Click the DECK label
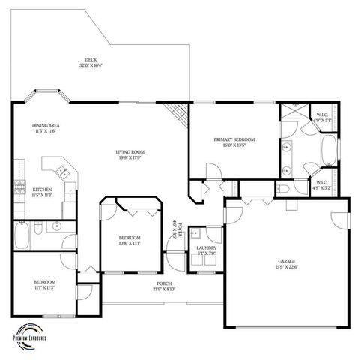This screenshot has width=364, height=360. pyautogui.click(x=90, y=61)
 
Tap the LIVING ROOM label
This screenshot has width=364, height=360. pyautogui.click(x=128, y=152)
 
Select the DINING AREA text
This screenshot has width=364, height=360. pyautogui.click(x=46, y=125)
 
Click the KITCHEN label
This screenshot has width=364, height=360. pyautogui.click(x=42, y=189)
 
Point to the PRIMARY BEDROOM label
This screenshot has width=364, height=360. pyautogui.click(x=234, y=139)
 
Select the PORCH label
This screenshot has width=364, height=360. pyautogui.click(x=163, y=284)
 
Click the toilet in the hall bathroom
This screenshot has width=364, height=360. pyautogui.click(x=56, y=225)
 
